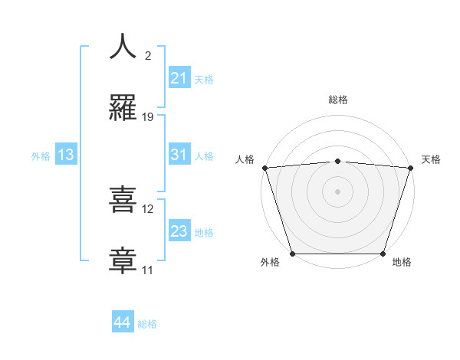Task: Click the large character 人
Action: click(x=123, y=47)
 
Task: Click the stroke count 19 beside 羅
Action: click(x=148, y=117)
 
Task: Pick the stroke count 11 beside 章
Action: click(x=148, y=270)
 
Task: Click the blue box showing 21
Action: click(x=179, y=77)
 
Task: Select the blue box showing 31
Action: click(x=179, y=155)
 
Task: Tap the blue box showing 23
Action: click(x=179, y=231)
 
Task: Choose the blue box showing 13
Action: click(x=66, y=155)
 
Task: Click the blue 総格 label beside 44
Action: click(x=147, y=324)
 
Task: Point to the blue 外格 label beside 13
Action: click(x=41, y=156)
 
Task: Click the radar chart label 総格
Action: click(x=337, y=100)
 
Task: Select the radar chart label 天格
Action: click(x=432, y=159)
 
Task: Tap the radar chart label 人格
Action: click(x=245, y=159)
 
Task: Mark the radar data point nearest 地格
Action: click(x=383, y=254)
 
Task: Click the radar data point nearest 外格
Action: click(x=292, y=254)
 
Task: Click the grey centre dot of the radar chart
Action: click(x=337, y=191)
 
